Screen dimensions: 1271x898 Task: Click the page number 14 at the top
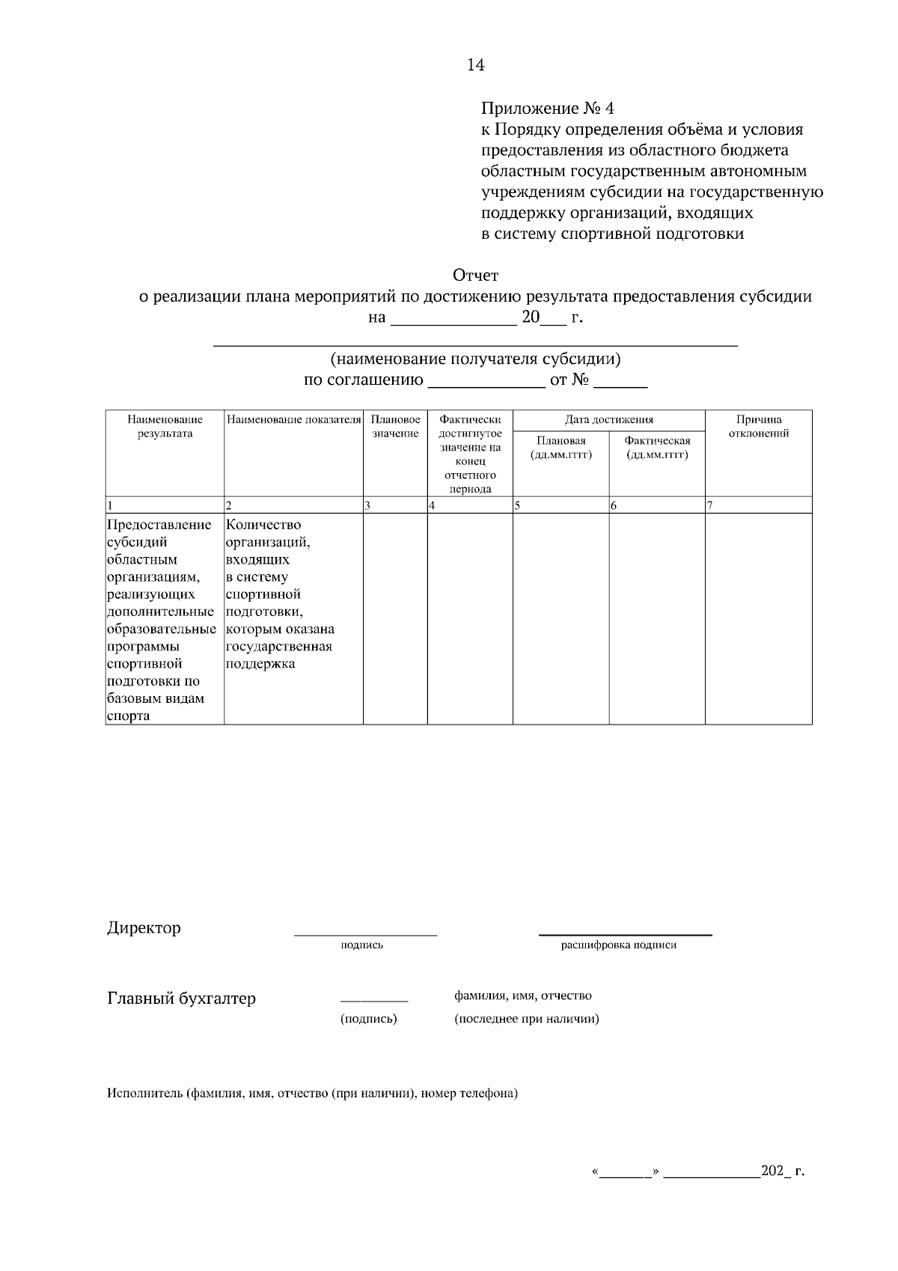[475, 65]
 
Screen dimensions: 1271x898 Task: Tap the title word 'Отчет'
[475, 275]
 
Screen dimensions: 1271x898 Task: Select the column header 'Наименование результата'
[165, 427]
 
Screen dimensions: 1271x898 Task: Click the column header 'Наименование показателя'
[294, 420]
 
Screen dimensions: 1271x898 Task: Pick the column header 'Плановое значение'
[395, 427]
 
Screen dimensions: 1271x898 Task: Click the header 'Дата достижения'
[608, 420]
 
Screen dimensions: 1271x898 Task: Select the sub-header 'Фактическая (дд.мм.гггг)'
[657, 448]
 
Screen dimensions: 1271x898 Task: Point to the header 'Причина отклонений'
[758, 427]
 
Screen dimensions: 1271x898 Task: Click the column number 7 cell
[758, 505]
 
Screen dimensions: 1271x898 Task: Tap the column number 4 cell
[469, 505]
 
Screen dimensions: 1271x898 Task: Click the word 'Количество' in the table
[263, 525]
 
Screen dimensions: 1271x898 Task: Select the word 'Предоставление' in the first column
[159, 525]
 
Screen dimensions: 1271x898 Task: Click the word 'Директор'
[144, 928]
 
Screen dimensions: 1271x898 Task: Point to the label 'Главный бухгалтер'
[181, 999]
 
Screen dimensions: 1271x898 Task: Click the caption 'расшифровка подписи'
[618, 945]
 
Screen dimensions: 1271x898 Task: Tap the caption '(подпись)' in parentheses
[368, 1019]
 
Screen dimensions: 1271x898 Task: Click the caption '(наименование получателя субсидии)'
[475, 359]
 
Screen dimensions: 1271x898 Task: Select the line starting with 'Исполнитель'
[312, 1094]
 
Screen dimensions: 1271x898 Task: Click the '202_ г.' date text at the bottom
[782, 1171]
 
